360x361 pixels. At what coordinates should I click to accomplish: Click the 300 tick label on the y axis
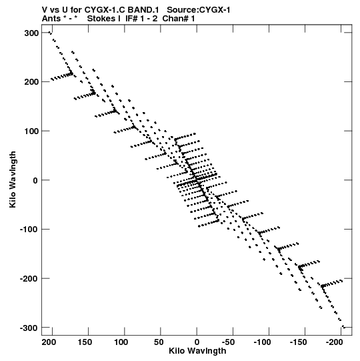(x=31, y=33)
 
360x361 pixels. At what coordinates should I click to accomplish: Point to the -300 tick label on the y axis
(x=29, y=328)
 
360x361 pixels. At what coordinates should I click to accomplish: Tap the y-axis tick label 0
(x=35, y=180)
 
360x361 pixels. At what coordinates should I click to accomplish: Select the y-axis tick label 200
(x=31, y=82)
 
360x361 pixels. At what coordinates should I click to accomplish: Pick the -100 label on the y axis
(x=29, y=230)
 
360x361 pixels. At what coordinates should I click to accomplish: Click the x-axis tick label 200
(x=49, y=342)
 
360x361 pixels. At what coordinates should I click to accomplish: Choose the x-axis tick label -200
(x=335, y=342)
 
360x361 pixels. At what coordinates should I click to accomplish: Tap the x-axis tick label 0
(x=197, y=342)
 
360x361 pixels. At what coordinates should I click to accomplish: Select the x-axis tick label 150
(x=85, y=342)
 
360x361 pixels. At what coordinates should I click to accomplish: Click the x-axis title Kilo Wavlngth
(x=197, y=351)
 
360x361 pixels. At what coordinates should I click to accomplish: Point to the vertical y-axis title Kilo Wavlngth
(x=13, y=179)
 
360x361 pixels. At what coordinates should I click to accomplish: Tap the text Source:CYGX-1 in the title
(x=199, y=10)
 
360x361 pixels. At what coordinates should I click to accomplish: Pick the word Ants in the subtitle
(x=51, y=19)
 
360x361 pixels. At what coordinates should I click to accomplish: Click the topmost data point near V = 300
(x=50, y=33)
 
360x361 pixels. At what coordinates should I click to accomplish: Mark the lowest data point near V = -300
(x=344, y=327)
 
